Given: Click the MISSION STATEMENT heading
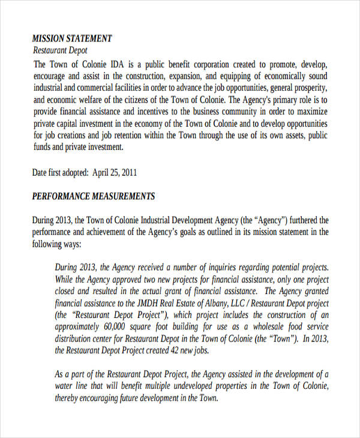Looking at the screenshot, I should [71, 38].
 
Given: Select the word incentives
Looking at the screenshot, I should [157, 112].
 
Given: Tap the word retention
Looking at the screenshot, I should [132, 136].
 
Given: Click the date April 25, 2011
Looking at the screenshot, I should [115, 173].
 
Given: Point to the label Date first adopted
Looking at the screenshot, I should [60, 173].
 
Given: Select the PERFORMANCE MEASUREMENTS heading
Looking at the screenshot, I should [93, 196].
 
